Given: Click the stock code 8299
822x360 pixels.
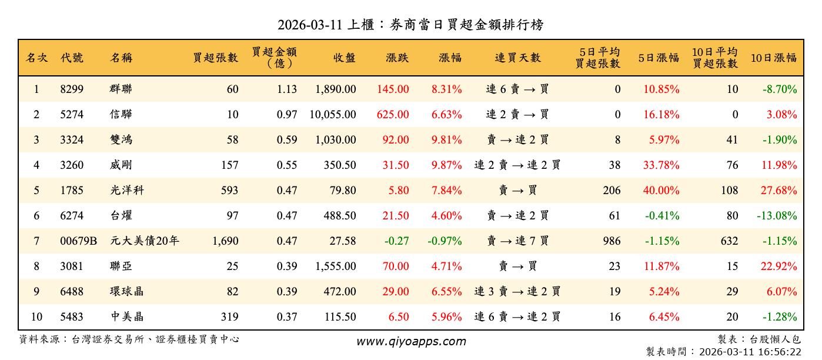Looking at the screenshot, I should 72,89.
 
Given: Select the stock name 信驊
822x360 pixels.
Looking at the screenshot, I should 121,115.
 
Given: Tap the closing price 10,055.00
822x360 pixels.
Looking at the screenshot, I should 333,115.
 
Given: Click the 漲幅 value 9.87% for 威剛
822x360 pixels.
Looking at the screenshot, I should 446,165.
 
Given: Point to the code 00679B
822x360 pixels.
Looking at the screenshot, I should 78,241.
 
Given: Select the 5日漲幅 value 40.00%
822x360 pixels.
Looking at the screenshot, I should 661,191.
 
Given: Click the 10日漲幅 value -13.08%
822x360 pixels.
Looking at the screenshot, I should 777,216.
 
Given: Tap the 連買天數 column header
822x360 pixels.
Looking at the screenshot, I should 517,58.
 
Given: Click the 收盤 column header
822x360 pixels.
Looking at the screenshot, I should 345,58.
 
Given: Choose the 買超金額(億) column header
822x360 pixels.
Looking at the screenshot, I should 274,57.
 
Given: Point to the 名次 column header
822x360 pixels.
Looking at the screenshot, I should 36,58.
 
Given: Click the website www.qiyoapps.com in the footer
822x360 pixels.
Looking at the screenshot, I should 411,341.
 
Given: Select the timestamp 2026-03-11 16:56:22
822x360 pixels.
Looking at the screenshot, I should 749,352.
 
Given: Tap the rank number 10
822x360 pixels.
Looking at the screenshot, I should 36,317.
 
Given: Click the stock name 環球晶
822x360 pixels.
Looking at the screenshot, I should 126,292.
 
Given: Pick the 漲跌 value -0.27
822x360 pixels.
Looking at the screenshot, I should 396,241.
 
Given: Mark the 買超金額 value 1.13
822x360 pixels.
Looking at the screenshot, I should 286,89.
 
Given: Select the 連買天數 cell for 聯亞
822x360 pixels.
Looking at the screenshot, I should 517,266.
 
